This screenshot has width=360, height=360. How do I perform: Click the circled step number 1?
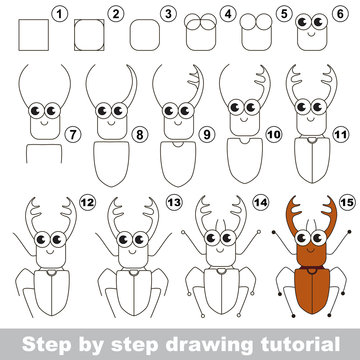pyautogui.click(x=59, y=14)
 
